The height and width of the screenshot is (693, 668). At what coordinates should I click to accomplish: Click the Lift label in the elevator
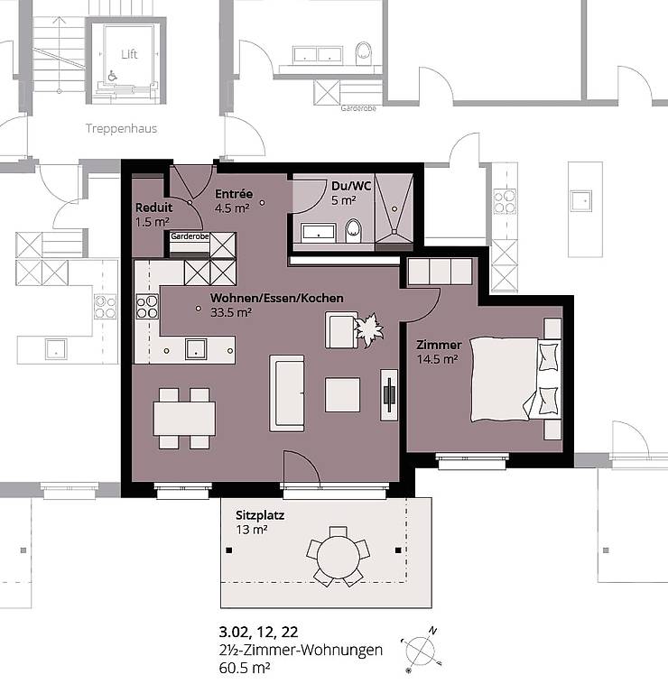pyautogui.click(x=129, y=54)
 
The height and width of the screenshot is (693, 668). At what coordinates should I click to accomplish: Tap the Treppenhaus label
pyautogui.click(x=122, y=129)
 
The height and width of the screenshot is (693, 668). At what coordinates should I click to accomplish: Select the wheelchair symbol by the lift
pyautogui.click(x=112, y=76)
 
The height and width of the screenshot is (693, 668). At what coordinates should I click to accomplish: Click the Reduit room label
pyautogui.click(x=153, y=208)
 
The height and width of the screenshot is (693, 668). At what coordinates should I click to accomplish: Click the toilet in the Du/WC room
pyautogui.click(x=353, y=230)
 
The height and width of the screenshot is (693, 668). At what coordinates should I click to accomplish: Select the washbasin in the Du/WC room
pyautogui.click(x=319, y=233)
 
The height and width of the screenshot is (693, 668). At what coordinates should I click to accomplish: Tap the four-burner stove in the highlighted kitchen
pyautogui.click(x=147, y=307)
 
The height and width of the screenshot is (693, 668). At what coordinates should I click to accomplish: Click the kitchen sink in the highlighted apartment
pyautogui.click(x=196, y=348)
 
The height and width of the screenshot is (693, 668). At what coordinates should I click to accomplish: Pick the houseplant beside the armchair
pyautogui.click(x=369, y=329)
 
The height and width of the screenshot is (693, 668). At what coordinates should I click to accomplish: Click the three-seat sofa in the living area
pyautogui.click(x=287, y=393)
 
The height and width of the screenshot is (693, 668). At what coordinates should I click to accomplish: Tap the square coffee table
pyautogui.click(x=343, y=394)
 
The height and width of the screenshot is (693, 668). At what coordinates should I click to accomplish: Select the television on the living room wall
pyautogui.click(x=389, y=394)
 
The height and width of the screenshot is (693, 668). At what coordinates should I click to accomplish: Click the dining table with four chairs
pyautogui.click(x=184, y=418)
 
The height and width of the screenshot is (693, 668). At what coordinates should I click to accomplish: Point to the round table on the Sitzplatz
pyautogui.click(x=339, y=557)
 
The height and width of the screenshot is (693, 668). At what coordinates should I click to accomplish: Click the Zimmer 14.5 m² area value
pyautogui.click(x=437, y=359)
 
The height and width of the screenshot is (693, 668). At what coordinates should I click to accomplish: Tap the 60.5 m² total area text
pyautogui.click(x=245, y=668)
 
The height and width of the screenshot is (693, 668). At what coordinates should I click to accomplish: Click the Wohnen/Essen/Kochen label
pyautogui.click(x=277, y=298)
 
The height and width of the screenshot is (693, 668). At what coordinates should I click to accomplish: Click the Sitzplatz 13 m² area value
pyautogui.click(x=252, y=529)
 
